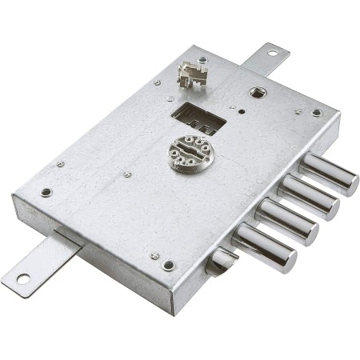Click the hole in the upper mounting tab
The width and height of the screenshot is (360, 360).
[273, 53]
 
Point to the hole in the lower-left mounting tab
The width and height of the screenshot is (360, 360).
[22, 278]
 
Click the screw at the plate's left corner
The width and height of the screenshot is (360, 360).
[46, 192]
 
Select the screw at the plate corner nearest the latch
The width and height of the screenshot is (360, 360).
[168, 265]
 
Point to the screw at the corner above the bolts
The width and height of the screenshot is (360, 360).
[317, 113]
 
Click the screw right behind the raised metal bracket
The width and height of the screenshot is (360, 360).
[202, 59]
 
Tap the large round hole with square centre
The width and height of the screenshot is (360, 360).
[258, 92]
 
